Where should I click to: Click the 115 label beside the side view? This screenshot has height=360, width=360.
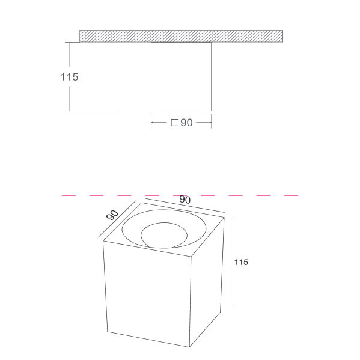tap(69, 77)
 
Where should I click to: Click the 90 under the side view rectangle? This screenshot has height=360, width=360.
tap(186, 123)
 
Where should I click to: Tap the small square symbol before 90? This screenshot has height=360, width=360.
tap(175, 123)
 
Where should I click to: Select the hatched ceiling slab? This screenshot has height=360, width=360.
tap(181, 36)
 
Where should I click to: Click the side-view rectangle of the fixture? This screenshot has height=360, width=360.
tap(181, 76)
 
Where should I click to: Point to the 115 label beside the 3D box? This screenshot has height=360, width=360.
tap(241, 262)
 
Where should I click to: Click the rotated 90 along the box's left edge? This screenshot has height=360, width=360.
tap(112, 215)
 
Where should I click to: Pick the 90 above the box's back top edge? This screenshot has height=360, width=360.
tap(185, 200)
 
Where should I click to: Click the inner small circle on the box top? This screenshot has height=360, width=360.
tap(164, 235)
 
